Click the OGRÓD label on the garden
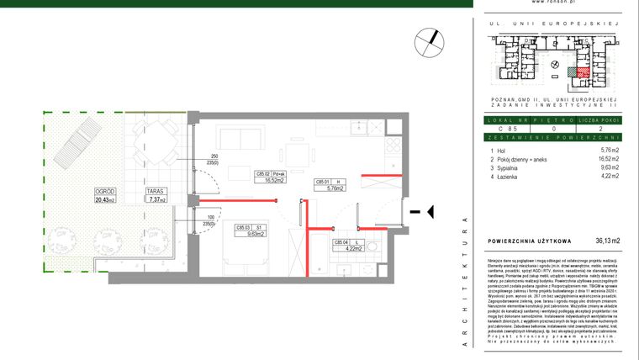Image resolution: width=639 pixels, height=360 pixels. tap(105, 193)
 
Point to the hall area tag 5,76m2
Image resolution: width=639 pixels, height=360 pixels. tap(335, 189)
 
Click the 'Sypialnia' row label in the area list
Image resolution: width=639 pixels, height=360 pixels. tap(516, 167)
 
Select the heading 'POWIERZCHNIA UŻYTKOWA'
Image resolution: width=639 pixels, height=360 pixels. tap(530, 241)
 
